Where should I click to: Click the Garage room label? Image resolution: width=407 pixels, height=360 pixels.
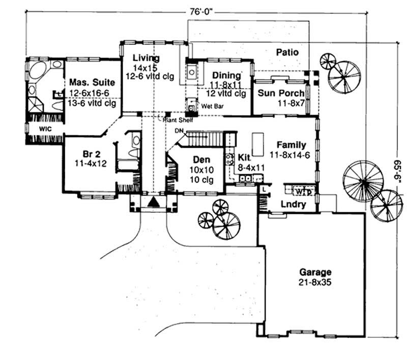315,272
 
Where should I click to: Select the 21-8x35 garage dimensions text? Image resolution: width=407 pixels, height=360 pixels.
315,282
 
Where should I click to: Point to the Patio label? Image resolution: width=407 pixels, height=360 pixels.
287,52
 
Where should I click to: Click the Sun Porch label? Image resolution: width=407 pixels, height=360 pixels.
281,93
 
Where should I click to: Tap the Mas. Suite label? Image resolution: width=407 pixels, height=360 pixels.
92,82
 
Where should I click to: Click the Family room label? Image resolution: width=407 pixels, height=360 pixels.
291,144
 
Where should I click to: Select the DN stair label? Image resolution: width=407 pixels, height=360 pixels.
178,131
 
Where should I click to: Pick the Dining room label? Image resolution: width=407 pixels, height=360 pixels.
226,75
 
